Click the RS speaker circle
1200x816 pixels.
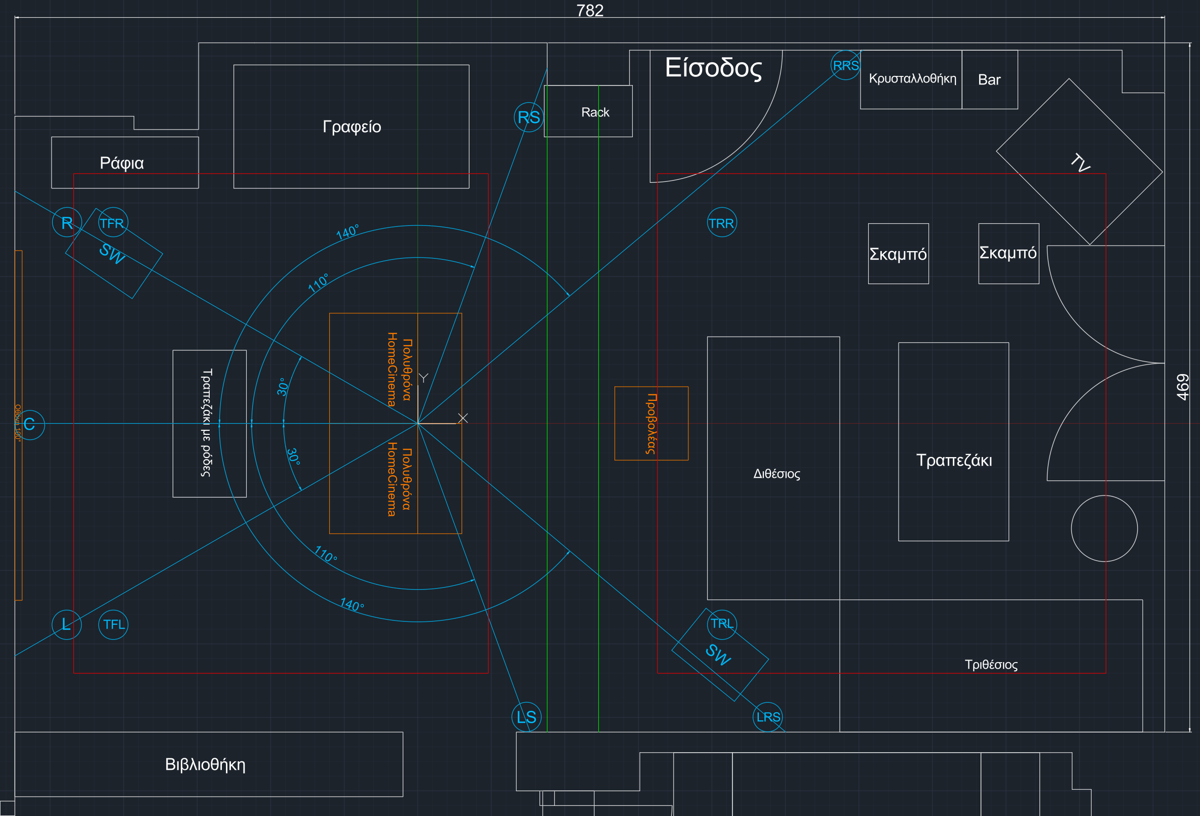(x=529, y=117)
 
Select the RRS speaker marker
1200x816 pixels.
(x=846, y=65)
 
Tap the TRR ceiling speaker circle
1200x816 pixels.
(x=721, y=222)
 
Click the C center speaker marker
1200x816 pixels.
(x=30, y=424)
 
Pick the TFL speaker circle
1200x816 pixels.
(x=113, y=625)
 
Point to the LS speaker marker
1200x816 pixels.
(x=527, y=716)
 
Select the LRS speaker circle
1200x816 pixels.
(x=768, y=717)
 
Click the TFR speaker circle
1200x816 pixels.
(x=112, y=222)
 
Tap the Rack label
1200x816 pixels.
(x=595, y=112)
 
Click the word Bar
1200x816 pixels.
(x=989, y=80)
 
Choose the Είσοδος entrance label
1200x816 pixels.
(x=713, y=68)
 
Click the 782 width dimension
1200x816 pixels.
(x=590, y=10)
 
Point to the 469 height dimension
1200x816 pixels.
(x=1182, y=387)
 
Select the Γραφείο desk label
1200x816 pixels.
(x=352, y=127)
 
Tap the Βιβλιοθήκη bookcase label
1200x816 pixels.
(x=205, y=764)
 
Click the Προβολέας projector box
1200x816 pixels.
(x=651, y=423)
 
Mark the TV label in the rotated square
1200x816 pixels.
(x=1079, y=162)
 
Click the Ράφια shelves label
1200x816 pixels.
(x=122, y=163)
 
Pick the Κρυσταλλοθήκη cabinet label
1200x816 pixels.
(x=912, y=78)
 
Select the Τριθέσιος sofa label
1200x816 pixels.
(x=991, y=664)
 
